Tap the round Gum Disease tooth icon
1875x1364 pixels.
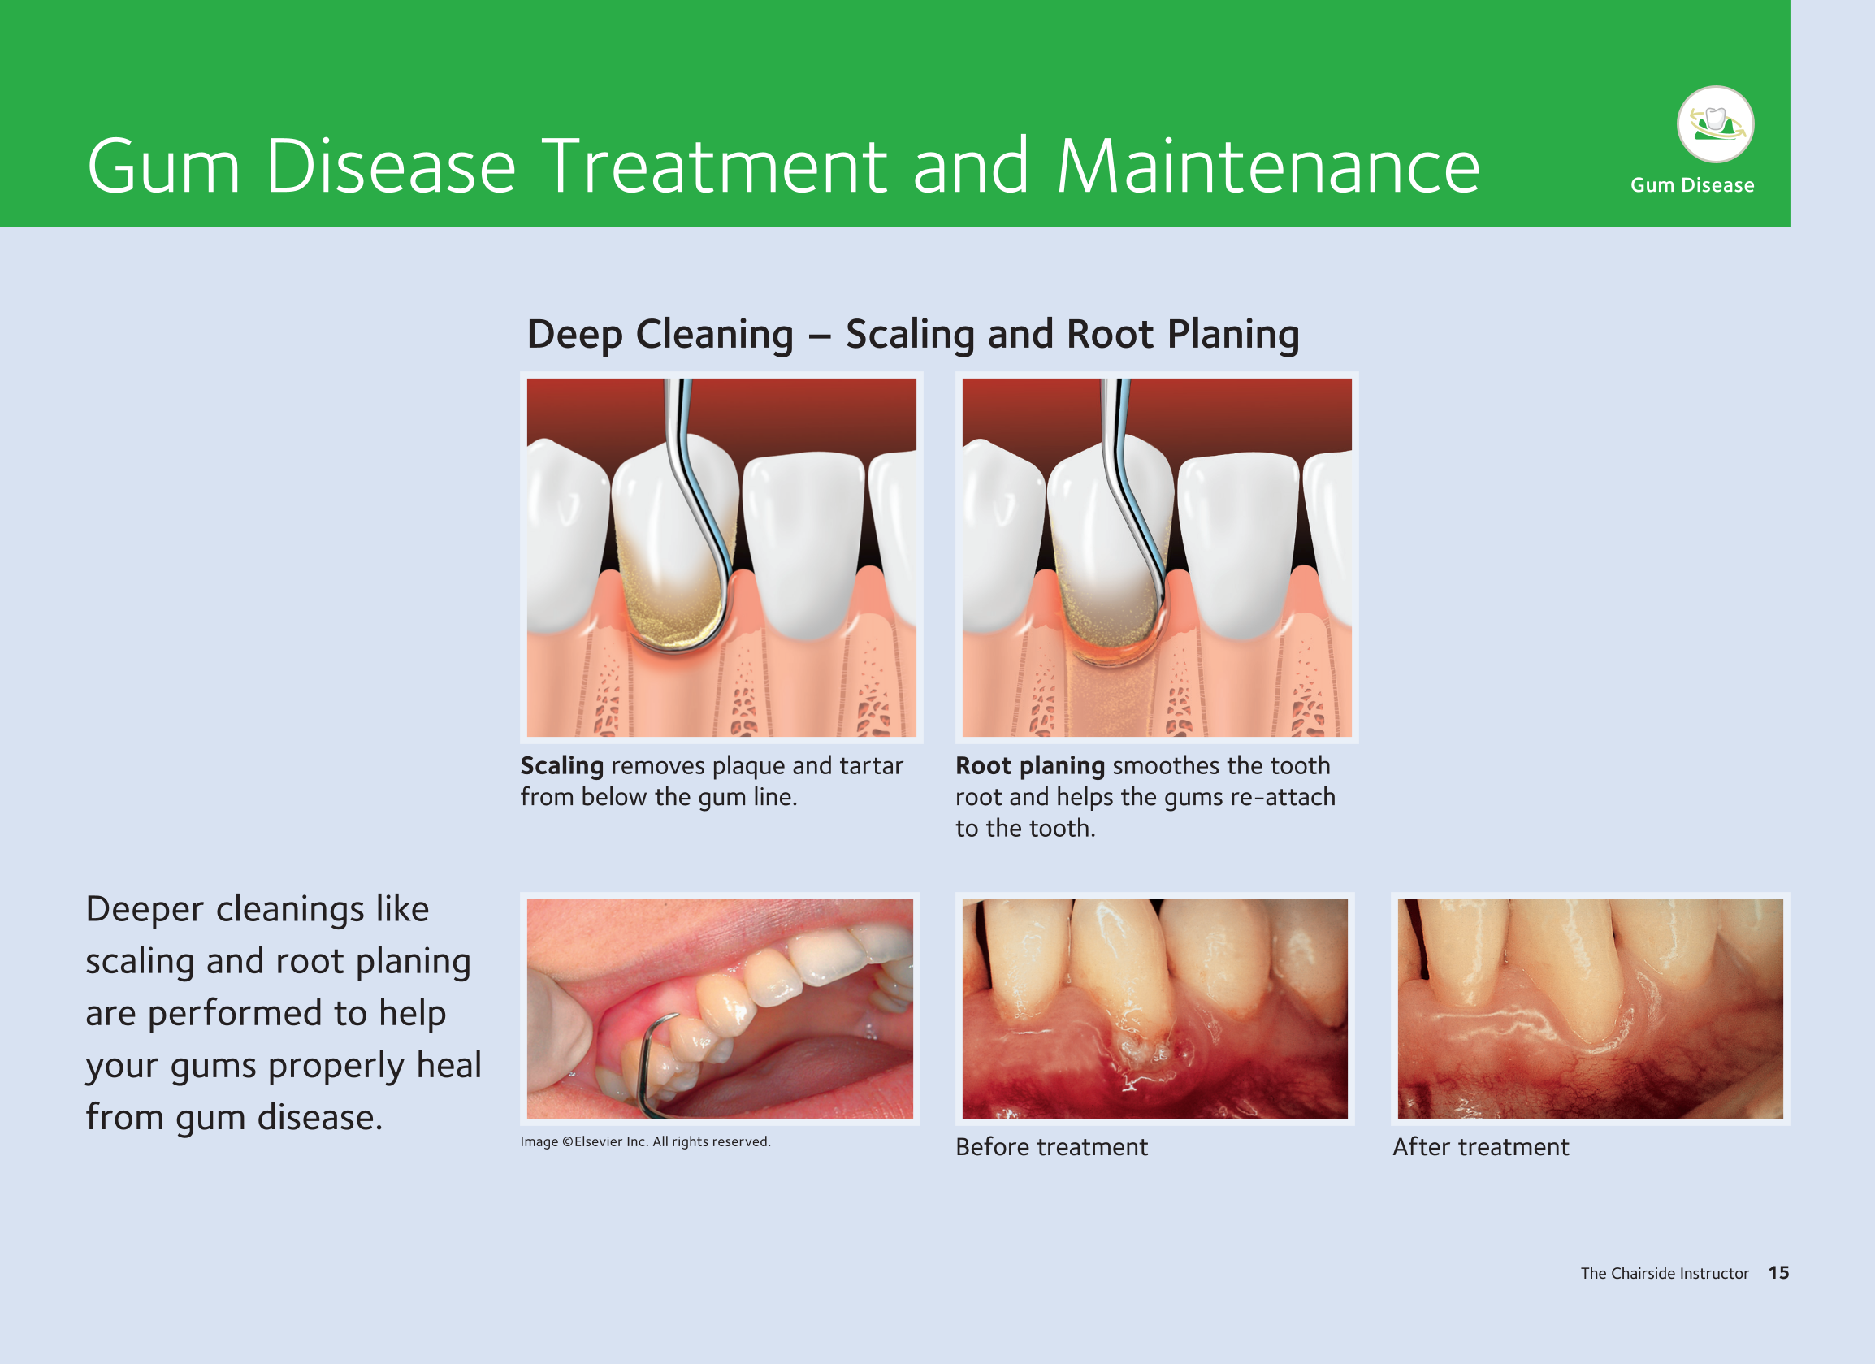point(1716,124)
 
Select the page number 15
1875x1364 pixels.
point(1778,1273)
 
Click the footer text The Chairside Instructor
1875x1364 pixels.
point(1665,1273)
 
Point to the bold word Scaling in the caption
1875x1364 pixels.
point(561,766)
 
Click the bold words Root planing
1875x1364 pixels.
point(1029,766)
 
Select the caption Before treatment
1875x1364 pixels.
point(1050,1146)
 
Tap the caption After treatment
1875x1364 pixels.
point(1480,1146)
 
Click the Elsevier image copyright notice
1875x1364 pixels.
point(645,1141)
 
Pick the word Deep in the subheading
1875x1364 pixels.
point(574,336)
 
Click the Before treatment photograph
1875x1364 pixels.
point(1154,1008)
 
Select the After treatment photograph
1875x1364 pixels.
point(1590,1008)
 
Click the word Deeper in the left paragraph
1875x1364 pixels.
point(145,910)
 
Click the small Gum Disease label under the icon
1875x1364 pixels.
point(1691,185)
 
